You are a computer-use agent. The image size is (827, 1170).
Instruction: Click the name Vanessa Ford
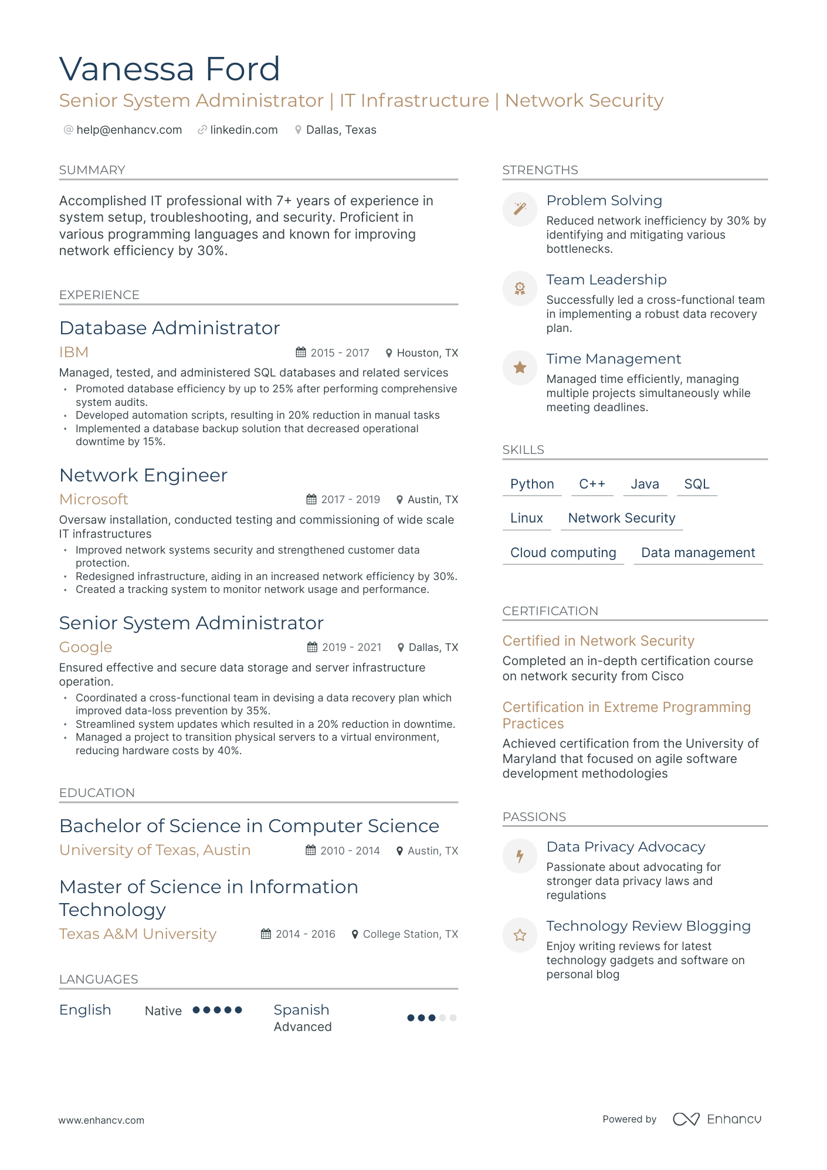pos(170,69)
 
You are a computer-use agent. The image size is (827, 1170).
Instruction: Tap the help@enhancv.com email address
pos(129,130)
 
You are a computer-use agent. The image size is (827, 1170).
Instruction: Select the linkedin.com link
pos(243,130)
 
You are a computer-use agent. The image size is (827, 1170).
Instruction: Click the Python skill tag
pos(532,484)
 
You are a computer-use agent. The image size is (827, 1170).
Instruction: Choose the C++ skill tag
pos(592,484)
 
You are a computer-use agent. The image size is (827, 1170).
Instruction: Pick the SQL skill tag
pos(697,484)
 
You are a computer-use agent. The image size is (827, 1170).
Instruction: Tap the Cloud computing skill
pos(563,552)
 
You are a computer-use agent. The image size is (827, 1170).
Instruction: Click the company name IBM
pos(74,352)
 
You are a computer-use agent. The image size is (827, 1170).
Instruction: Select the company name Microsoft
pos(94,499)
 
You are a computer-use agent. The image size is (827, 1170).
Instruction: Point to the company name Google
pos(86,647)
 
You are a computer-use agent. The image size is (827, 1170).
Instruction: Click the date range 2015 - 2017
pos(340,352)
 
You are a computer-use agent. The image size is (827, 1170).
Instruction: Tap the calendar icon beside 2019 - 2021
pos(313,647)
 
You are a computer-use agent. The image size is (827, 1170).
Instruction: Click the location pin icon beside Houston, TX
pos(388,353)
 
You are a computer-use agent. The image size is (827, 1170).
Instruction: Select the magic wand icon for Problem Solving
pos(520,209)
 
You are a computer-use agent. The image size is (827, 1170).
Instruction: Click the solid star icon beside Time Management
pos(520,368)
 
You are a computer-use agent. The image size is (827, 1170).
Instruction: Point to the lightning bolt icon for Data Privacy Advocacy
pos(520,856)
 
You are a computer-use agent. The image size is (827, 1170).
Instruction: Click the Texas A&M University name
pos(138,934)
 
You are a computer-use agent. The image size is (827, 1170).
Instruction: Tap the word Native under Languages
pos(163,1010)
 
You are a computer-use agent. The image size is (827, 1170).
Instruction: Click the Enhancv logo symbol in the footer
pos(686,1119)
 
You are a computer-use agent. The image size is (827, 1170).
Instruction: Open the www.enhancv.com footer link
pos(101,1120)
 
